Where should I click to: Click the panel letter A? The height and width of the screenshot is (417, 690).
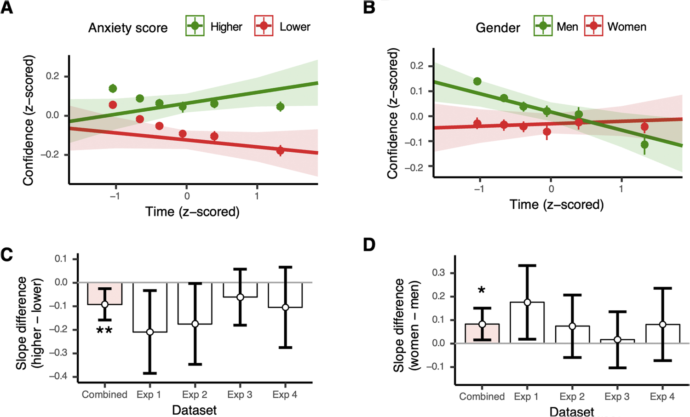(6, 7)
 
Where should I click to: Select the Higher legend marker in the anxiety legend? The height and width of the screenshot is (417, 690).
(195, 26)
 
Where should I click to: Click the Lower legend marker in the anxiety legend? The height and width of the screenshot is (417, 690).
(264, 26)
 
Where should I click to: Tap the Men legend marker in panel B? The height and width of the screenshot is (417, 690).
(543, 26)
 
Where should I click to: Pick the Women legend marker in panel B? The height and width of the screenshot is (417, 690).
(594, 26)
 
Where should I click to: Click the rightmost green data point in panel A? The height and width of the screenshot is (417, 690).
(281, 107)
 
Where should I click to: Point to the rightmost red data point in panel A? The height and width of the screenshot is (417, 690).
(281, 150)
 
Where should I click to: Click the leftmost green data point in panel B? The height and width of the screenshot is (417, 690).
(477, 81)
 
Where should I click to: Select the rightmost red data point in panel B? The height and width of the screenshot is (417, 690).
(644, 127)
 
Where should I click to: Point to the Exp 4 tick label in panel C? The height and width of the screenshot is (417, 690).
(285, 394)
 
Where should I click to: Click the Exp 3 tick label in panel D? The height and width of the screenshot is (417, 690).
(617, 396)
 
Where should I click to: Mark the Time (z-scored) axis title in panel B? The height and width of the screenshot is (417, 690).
(557, 204)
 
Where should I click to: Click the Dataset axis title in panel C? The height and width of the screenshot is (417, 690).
(194, 410)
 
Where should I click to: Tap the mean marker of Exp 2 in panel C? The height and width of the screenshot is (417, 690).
(195, 324)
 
